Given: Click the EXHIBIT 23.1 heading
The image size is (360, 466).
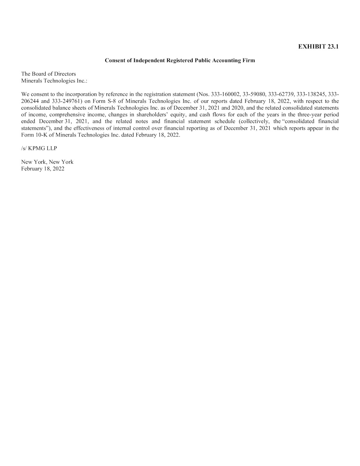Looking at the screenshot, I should point(318,47).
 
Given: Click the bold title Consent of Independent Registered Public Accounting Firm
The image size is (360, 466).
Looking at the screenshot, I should point(180,61).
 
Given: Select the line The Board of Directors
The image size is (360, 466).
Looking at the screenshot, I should point(48,74).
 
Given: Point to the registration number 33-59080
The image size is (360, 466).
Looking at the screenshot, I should point(254,94).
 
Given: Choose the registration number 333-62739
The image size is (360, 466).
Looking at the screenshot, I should point(281,94).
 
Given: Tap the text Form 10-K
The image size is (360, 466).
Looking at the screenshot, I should point(34,135).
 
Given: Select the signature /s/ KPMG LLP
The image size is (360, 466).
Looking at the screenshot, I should point(39,148).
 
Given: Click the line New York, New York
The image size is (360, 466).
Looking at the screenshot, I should point(47,162).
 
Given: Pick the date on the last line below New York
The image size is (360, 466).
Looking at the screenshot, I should point(43,169).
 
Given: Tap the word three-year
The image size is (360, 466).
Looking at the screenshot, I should point(305,115).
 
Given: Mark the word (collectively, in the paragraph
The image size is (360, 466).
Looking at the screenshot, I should point(254,121).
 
